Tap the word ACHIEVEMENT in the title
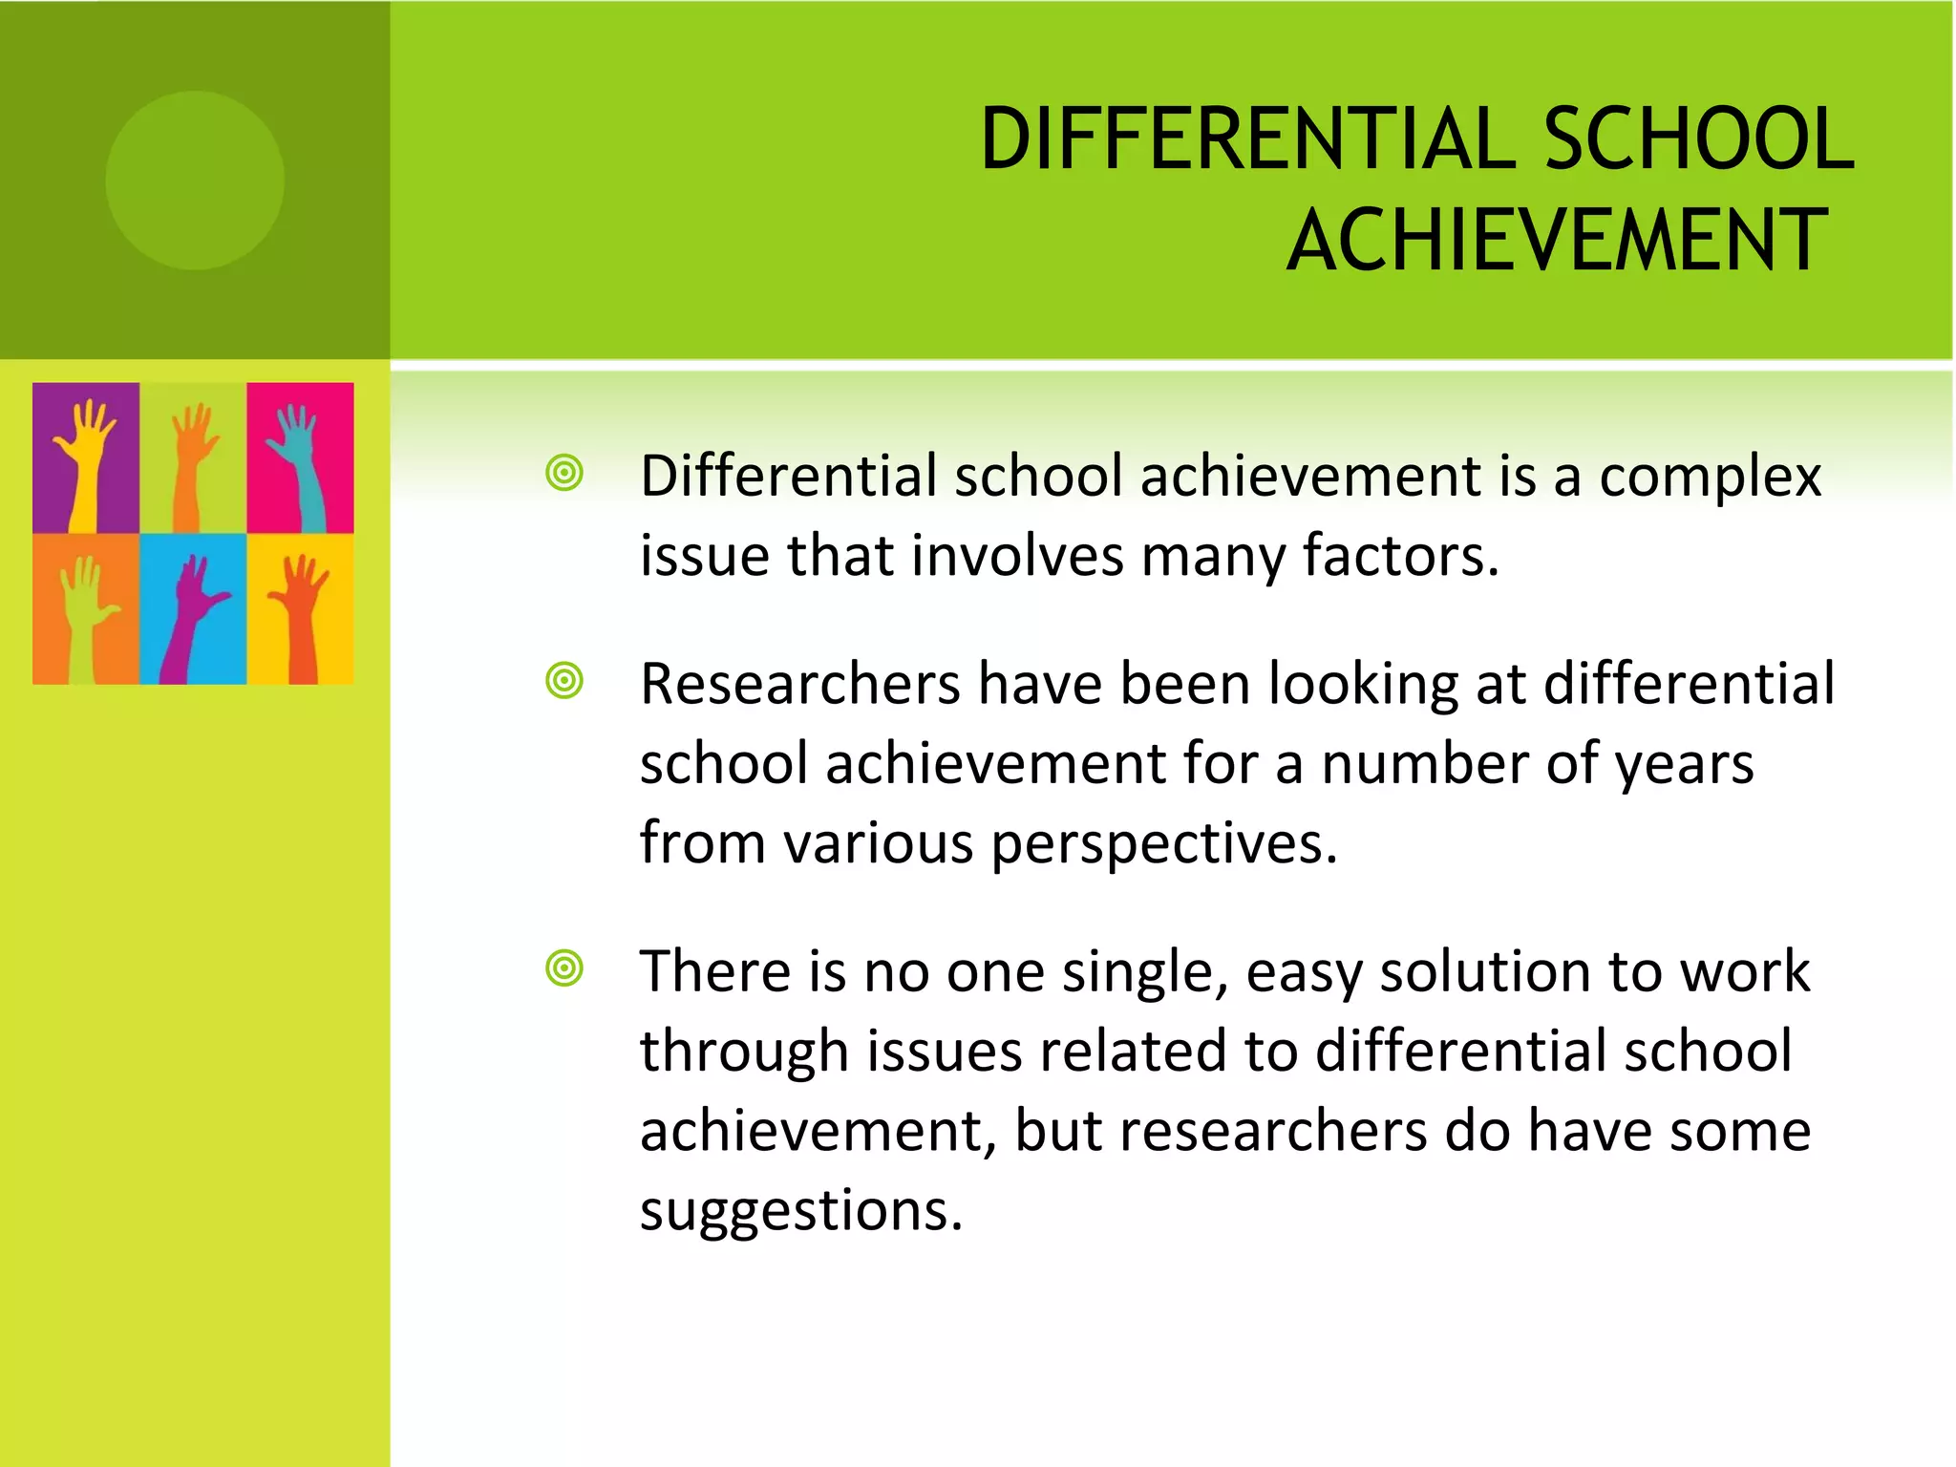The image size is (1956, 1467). click(1557, 241)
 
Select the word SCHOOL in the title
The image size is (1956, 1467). click(1698, 139)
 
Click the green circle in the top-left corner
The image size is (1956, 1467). click(195, 181)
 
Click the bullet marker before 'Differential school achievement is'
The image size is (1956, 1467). click(564, 474)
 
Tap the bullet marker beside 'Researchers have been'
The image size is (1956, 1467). click(564, 682)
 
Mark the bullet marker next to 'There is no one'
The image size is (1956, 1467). click(564, 968)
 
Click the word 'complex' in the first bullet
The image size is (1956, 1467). click(1710, 478)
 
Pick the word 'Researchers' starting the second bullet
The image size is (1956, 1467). click(800, 685)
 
